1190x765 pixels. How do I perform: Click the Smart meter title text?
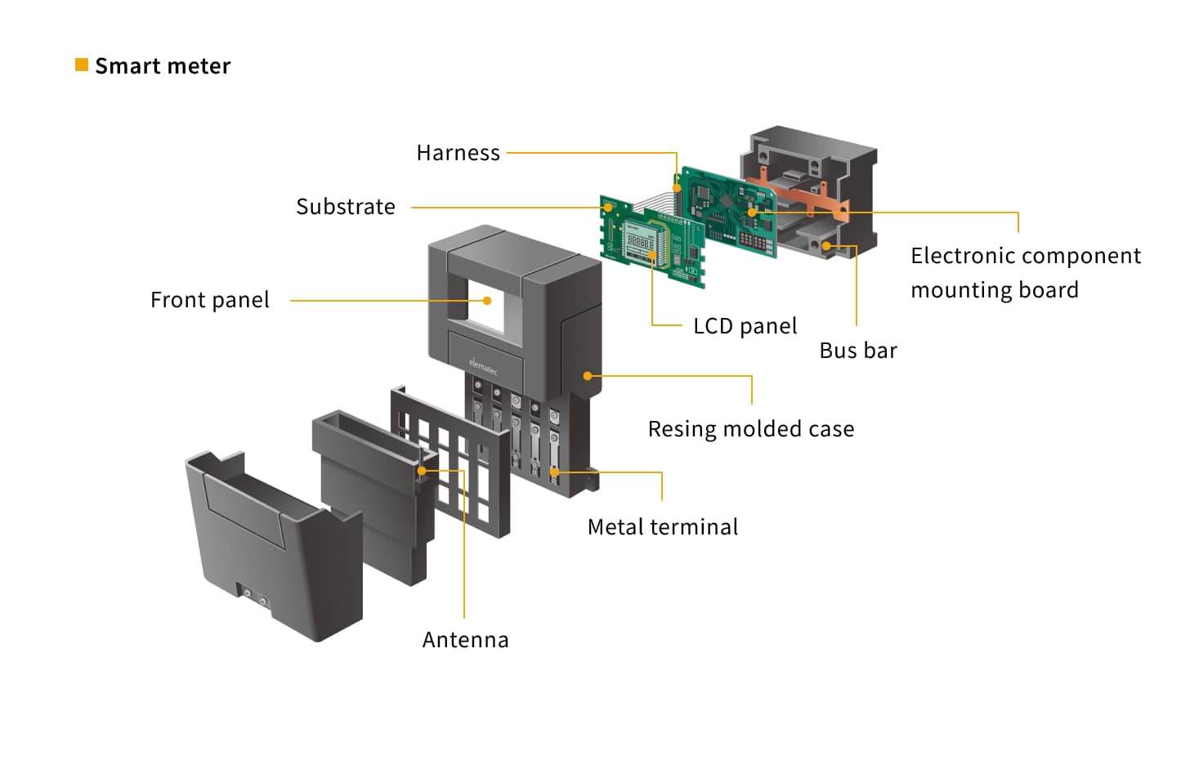click(163, 66)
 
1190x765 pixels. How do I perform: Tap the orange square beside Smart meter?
click(82, 65)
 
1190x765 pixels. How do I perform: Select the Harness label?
click(458, 153)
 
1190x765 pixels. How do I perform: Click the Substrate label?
click(345, 207)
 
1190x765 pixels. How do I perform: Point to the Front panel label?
click(209, 300)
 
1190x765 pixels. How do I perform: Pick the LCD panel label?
click(745, 326)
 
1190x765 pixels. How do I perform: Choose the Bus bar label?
click(857, 351)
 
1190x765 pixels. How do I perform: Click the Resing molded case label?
click(750, 429)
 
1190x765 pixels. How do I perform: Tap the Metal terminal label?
click(662, 527)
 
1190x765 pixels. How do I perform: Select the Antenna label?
click(465, 640)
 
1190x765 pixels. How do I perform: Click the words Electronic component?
click(1025, 256)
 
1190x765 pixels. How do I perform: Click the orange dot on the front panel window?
click(487, 301)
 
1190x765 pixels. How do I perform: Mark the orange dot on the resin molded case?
click(588, 376)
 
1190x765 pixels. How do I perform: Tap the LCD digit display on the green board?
click(640, 242)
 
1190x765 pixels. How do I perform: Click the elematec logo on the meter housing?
click(483, 365)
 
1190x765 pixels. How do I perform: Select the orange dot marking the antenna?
click(422, 471)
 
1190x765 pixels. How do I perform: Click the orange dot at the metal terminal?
click(554, 472)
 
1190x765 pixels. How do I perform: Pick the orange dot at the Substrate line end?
click(608, 208)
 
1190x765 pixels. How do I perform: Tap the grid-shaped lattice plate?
click(451, 463)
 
